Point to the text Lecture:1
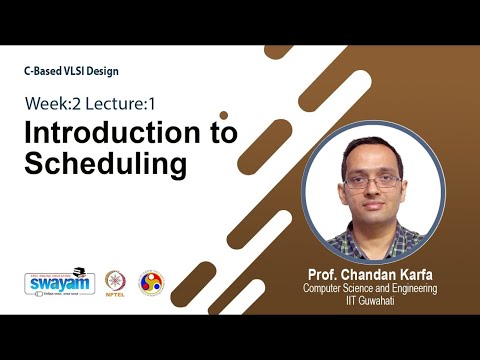(x=117, y=103)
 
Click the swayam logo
(x=61, y=283)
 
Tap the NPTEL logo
(x=116, y=283)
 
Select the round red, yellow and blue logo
(x=150, y=283)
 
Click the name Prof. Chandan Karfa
(x=372, y=274)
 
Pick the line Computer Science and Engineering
(x=372, y=288)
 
